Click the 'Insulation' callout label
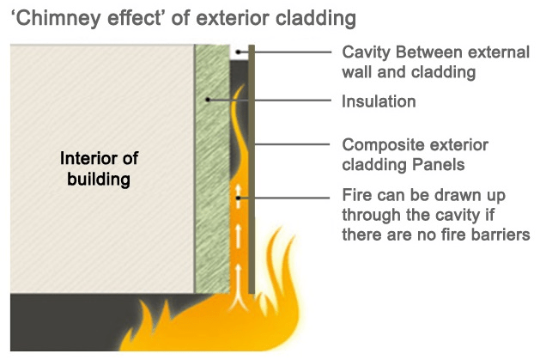tap(379, 101)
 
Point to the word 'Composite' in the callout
tap(379, 143)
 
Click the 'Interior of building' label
tap(99, 169)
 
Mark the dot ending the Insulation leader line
tap(209, 101)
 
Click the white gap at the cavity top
tap(238, 50)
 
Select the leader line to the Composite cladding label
tap(292, 143)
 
